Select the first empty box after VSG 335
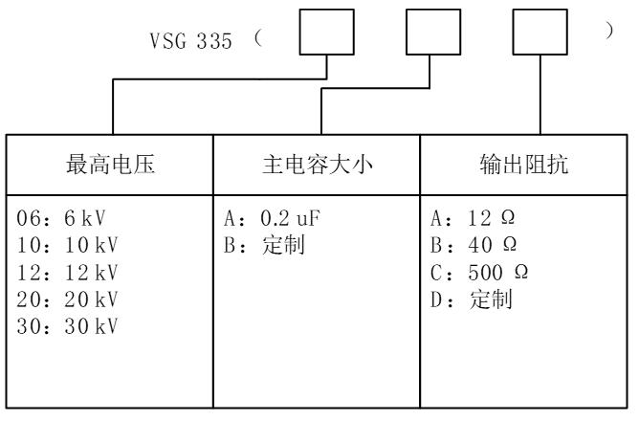point(328,33)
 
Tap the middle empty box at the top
point(433,33)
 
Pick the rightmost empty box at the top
point(540,33)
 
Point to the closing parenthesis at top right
point(610,32)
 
